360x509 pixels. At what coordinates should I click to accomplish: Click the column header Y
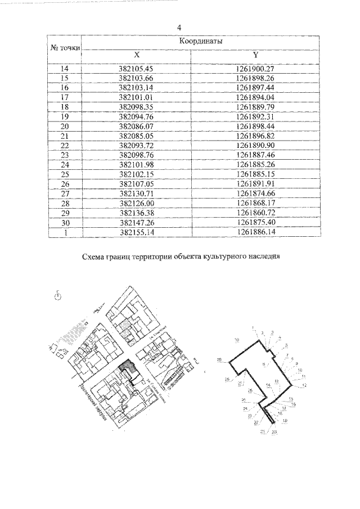[255, 55]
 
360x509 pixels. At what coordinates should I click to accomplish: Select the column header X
[136, 55]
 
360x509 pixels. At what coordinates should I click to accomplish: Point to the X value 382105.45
[136, 69]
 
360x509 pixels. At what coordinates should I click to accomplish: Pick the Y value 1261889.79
[255, 106]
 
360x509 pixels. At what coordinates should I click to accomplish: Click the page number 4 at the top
[179, 27]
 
